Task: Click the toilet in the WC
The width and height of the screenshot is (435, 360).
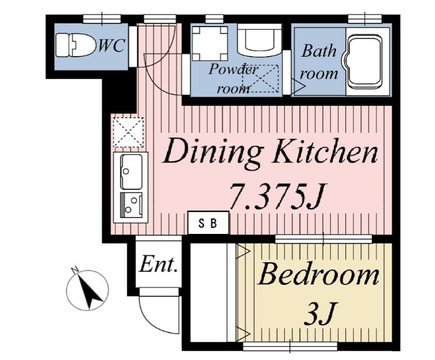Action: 75,45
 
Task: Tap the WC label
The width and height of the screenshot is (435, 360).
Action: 111,46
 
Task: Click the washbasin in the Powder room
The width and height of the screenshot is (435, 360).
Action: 259,40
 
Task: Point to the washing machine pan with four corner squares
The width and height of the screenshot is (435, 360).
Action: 210,44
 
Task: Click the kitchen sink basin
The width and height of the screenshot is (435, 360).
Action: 131,172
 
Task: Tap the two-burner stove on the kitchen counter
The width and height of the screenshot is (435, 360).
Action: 132,205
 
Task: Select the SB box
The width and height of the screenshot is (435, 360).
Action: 208,223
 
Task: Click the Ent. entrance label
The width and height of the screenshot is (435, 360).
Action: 158,265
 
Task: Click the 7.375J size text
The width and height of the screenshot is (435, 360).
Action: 277,196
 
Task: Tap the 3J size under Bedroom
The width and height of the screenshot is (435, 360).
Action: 320,313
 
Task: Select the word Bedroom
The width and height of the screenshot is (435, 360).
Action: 318,275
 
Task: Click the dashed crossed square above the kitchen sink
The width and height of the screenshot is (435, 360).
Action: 129,132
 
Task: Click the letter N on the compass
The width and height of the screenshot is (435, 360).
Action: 74,270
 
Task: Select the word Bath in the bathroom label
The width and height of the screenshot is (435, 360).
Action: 318,51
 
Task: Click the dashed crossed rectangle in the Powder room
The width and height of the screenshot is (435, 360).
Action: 260,79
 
